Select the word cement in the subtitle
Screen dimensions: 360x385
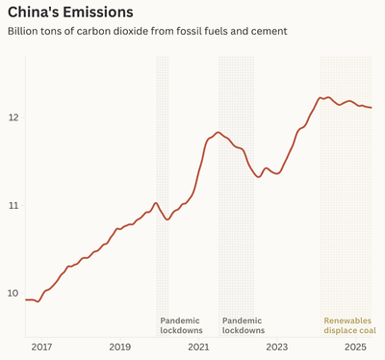[267, 32]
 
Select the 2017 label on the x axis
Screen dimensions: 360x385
[39, 347]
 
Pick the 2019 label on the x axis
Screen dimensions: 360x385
[118, 347]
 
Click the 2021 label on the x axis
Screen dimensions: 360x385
[197, 347]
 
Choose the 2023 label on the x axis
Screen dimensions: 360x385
[276, 347]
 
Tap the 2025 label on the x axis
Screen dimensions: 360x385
[355, 347]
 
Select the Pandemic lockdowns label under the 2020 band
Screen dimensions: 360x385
[181, 325]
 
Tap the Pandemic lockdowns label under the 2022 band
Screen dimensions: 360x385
[243, 325]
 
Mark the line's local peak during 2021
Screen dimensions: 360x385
[218, 132]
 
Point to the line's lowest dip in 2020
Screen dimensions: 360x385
[167, 219]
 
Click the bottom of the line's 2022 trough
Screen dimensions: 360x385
[258, 177]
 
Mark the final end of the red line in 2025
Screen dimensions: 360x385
[372, 108]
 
